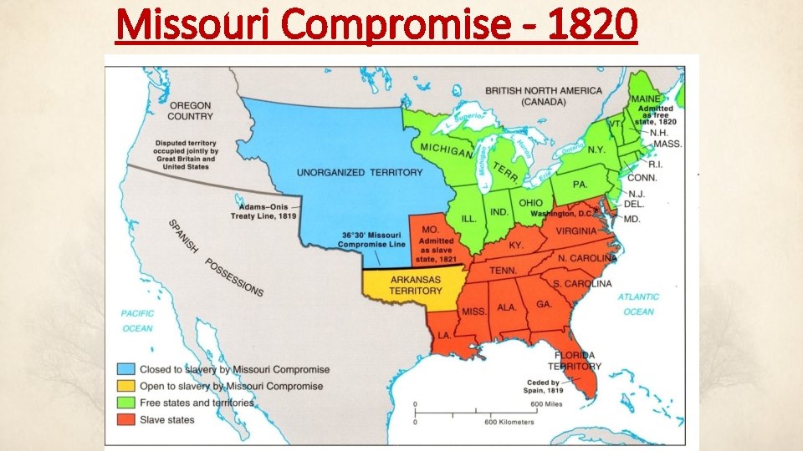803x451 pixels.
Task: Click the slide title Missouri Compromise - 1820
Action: point(376,25)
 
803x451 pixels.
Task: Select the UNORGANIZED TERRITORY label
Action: point(360,172)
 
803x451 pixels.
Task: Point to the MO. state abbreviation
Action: point(430,228)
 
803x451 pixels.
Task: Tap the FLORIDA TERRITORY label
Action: point(575,360)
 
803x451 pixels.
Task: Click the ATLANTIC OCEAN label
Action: point(638,304)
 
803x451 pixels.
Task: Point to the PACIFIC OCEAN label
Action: point(137,321)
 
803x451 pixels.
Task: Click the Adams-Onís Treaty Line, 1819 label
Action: point(264,210)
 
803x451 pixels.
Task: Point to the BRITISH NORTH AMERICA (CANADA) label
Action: point(543,95)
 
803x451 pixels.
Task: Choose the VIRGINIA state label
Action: point(575,231)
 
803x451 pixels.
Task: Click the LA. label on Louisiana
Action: point(445,334)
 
